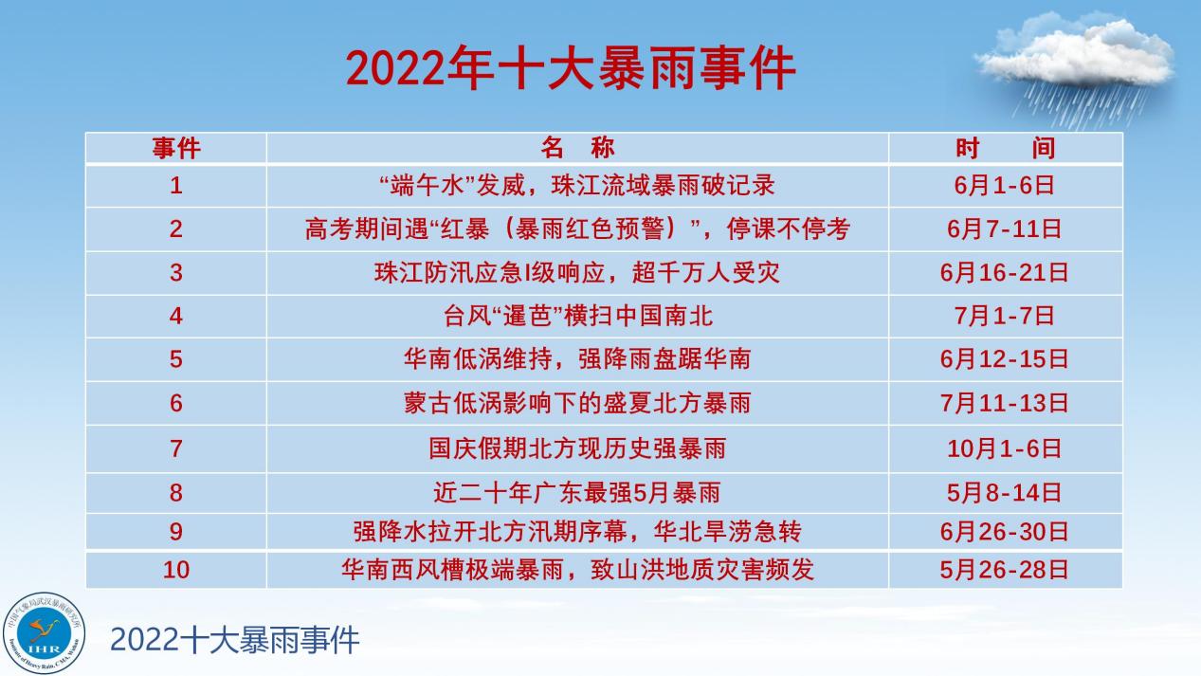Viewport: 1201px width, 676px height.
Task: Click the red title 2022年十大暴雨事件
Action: (571, 68)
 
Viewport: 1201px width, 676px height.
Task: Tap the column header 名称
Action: (577, 148)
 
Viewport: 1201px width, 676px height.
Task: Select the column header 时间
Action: (1006, 148)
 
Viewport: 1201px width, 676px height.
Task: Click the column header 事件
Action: (176, 148)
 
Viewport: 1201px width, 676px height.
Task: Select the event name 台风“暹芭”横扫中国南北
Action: (578, 316)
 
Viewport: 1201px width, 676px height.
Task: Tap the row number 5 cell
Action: (176, 359)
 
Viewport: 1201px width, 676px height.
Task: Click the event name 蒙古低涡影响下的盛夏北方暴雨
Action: (577, 403)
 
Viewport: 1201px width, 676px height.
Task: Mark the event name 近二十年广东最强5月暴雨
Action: (577, 493)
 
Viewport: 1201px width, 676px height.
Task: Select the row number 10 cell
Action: (176, 570)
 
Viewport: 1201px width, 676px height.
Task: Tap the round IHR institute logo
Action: (44, 633)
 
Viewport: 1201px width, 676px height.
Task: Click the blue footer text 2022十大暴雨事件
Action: (234, 640)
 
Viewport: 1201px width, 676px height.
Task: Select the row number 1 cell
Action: (176, 186)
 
